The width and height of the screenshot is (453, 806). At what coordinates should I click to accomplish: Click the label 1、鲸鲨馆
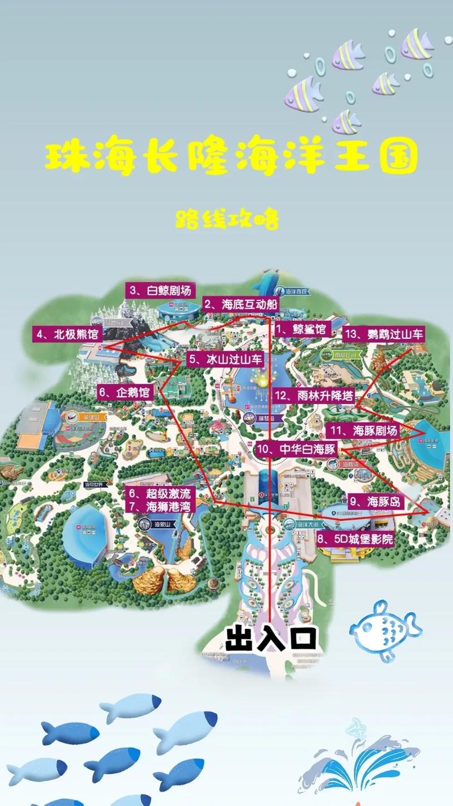click(301, 329)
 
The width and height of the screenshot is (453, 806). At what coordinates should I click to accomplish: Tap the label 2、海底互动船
click(241, 304)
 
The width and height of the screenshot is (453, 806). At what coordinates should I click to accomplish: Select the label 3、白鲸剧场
click(160, 291)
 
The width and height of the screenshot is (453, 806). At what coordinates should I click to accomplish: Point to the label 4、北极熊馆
click(67, 333)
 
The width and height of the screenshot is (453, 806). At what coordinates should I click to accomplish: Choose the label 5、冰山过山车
click(225, 359)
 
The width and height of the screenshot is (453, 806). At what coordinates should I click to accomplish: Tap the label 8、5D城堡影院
click(354, 538)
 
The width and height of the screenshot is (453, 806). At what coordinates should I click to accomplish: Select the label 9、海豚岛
click(374, 501)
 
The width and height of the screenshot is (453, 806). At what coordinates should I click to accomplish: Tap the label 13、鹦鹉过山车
click(383, 334)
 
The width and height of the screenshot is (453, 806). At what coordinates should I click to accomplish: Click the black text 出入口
click(270, 638)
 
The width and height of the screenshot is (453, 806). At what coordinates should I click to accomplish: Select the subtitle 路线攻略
click(227, 219)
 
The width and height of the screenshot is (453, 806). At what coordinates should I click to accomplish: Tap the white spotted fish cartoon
click(384, 629)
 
